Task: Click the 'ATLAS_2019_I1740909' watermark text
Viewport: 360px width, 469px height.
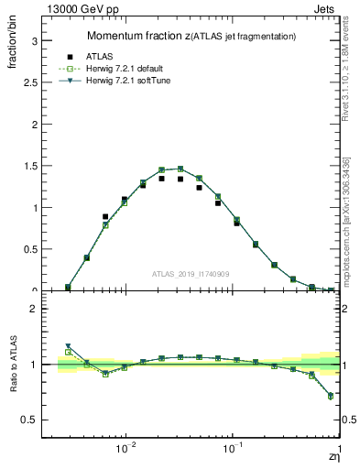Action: click(191, 274)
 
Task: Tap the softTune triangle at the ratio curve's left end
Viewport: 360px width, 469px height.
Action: click(69, 346)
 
